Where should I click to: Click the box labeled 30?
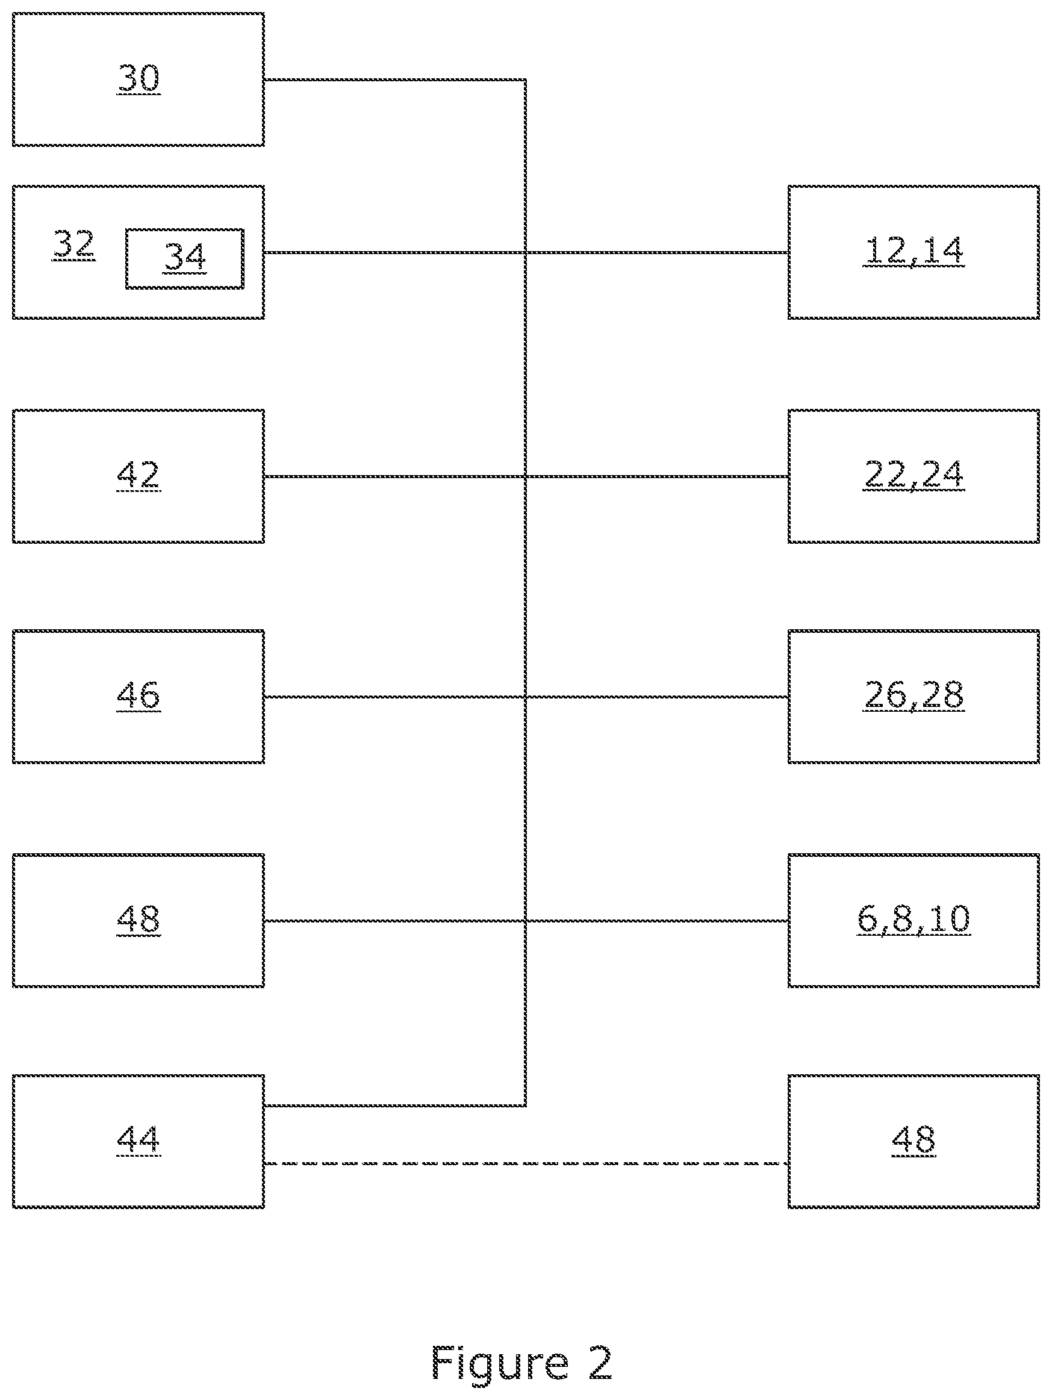click(138, 79)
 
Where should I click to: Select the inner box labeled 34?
click(185, 259)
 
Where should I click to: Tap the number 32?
click(73, 244)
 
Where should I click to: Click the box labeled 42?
click(138, 476)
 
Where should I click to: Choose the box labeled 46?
click(138, 696)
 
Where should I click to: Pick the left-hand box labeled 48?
click(138, 920)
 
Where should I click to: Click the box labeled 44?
click(138, 1141)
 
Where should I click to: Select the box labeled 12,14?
click(913, 252)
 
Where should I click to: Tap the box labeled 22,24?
click(913, 476)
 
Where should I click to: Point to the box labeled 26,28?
click(913, 696)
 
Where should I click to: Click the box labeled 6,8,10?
click(913, 920)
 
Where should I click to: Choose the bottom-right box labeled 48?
click(913, 1141)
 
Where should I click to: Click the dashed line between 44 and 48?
click(526, 1163)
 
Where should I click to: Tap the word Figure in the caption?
click(500, 1364)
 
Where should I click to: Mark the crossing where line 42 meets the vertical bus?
click(525, 476)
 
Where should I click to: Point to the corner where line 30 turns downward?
click(525, 79)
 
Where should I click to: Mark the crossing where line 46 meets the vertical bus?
click(525, 697)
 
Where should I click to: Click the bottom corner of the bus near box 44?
click(525, 1106)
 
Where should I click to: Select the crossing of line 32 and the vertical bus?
click(525, 252)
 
